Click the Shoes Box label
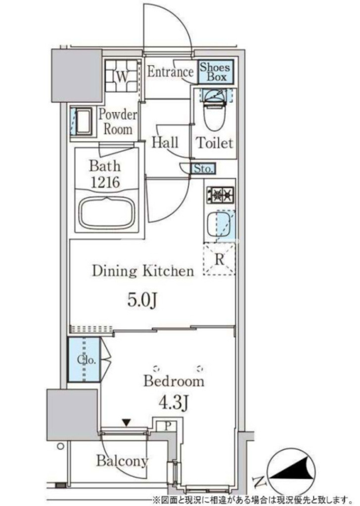(x=215, y=72)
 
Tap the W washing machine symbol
(x=122, y=76)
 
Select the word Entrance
(x=170, y=71)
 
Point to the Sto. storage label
(x=203, y=169)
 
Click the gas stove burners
(x=221, y=195)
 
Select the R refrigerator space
(x=219, y=259)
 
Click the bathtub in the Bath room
(x=107, y=212)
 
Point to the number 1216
(x=105, y=182)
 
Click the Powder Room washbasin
(x=82, y=122)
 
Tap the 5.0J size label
(x=142, y=300)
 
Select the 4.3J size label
(x=174, y=402)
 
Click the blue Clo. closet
(x=84, y=359)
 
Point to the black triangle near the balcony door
(x=126, y=422)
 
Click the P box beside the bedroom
(x=167, y=425)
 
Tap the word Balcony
(x=122, y=461)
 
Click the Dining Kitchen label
(x=143, y=271)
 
